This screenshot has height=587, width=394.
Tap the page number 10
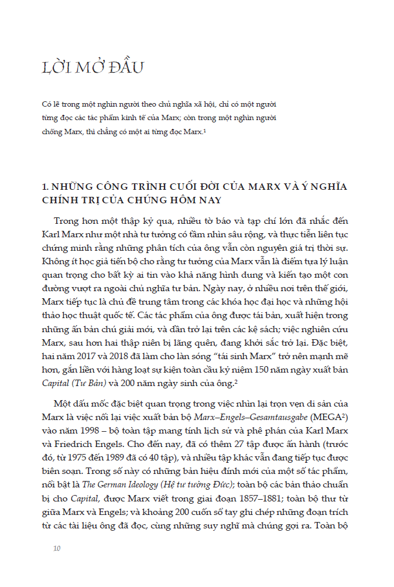tap(57, 549)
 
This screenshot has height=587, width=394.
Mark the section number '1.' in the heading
tap(46, 187)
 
